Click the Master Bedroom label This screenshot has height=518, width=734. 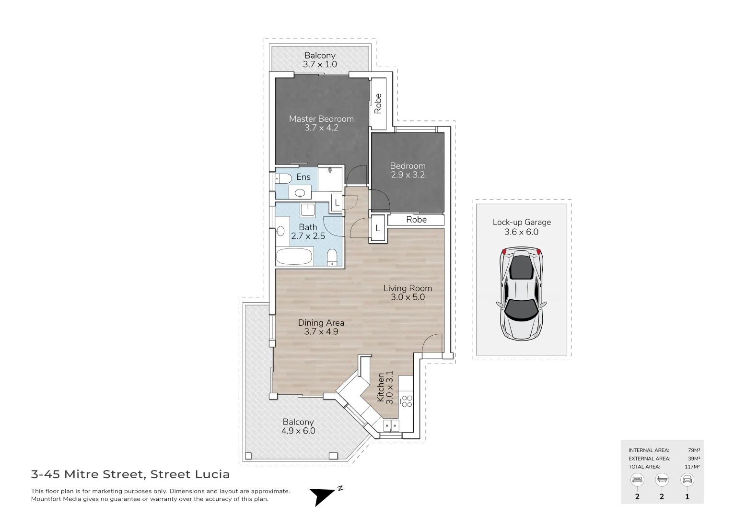321,119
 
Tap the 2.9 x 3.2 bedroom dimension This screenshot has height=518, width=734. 408,175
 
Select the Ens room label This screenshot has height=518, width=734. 303,177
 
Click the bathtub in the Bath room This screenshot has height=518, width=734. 294,257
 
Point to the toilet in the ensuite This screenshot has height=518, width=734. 283,179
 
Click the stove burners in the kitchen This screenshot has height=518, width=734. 407,401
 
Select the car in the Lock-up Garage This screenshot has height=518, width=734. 522,293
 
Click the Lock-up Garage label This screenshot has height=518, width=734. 522,222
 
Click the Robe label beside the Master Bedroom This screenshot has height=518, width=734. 378,104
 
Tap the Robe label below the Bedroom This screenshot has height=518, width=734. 416,220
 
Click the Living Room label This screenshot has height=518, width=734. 408,288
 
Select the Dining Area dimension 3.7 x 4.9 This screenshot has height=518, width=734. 321,331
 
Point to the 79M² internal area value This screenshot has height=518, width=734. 694,450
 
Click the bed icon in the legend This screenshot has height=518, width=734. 637,480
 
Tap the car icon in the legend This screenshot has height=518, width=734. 687,480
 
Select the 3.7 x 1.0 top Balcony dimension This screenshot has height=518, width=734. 320,64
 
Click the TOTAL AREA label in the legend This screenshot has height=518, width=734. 644,467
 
